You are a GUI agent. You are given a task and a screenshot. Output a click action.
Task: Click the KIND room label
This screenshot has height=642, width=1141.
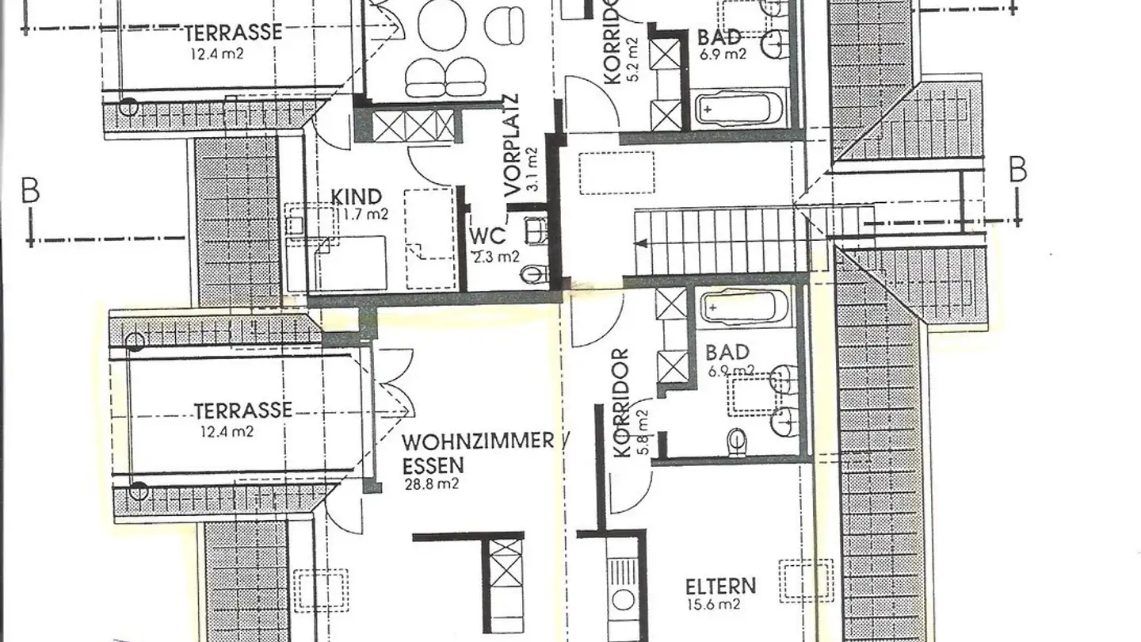[356, 197]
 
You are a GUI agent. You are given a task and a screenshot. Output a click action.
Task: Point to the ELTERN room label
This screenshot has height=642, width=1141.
[720, 587]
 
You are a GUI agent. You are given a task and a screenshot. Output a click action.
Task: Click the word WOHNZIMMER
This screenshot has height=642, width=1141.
[476, 441]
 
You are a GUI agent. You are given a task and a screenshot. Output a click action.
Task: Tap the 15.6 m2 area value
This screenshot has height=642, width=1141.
[713, 605]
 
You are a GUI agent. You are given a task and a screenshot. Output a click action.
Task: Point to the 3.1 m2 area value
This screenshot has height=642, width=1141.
[532, 169]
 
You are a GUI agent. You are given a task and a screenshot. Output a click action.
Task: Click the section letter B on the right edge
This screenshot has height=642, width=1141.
[1017, 170]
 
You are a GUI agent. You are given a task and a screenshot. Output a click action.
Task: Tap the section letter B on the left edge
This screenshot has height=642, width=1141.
[30, 193]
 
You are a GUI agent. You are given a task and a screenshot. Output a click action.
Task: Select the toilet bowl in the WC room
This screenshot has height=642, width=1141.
[535, 274]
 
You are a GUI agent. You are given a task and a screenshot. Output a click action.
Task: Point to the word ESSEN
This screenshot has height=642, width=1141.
[433, 465]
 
